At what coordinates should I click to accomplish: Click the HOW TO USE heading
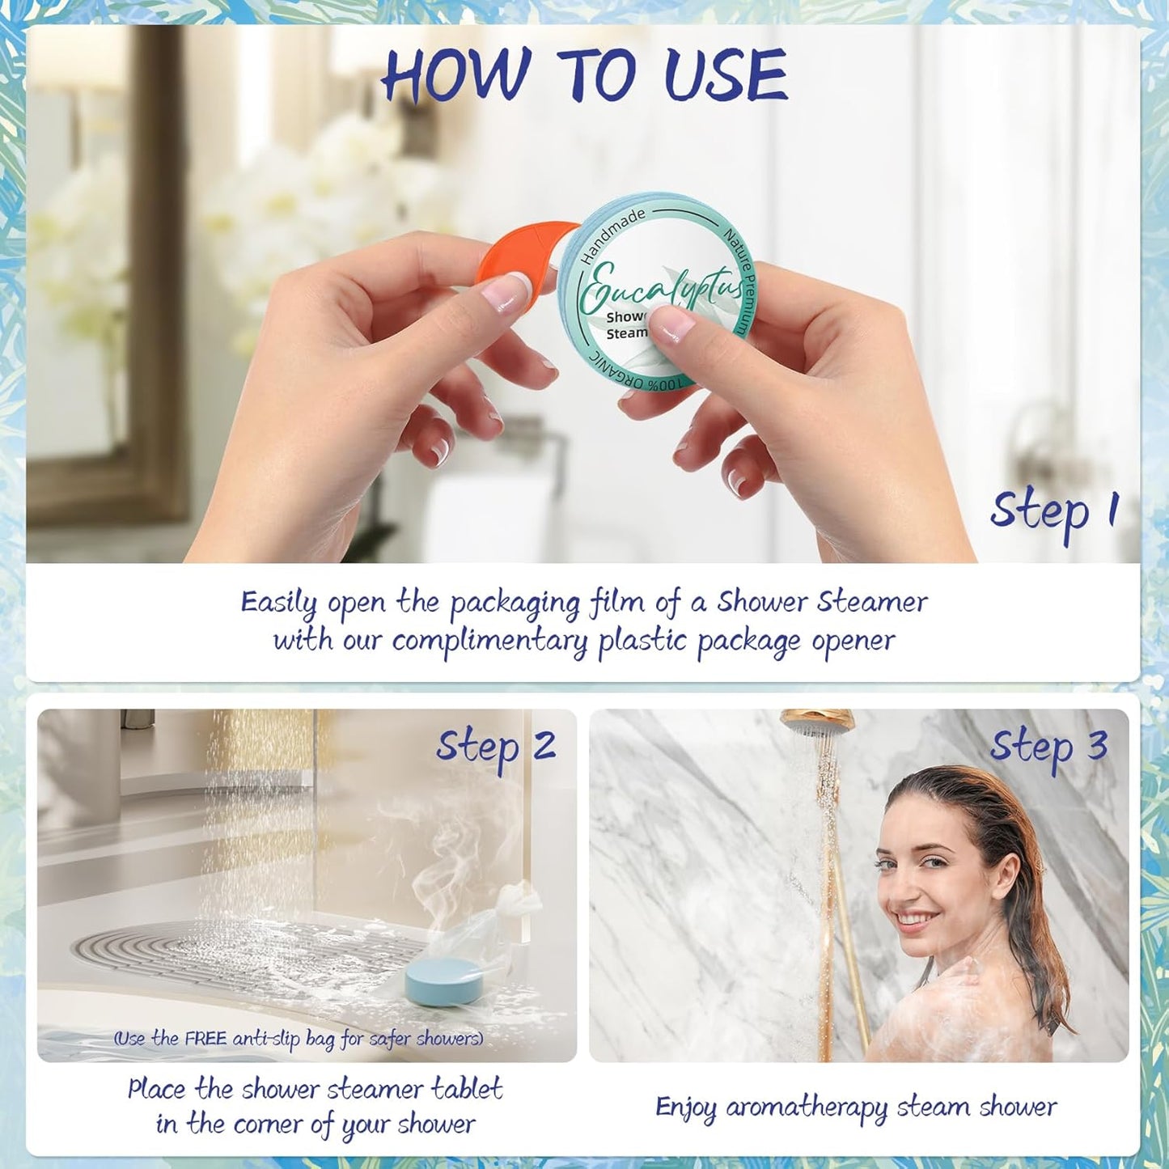(584, 74)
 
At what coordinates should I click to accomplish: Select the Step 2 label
(495, 747)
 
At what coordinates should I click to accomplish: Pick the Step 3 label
(1048, 747)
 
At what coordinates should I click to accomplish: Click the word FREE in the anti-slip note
(205, 1038)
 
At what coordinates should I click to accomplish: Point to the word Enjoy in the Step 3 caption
(685, 1108)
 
